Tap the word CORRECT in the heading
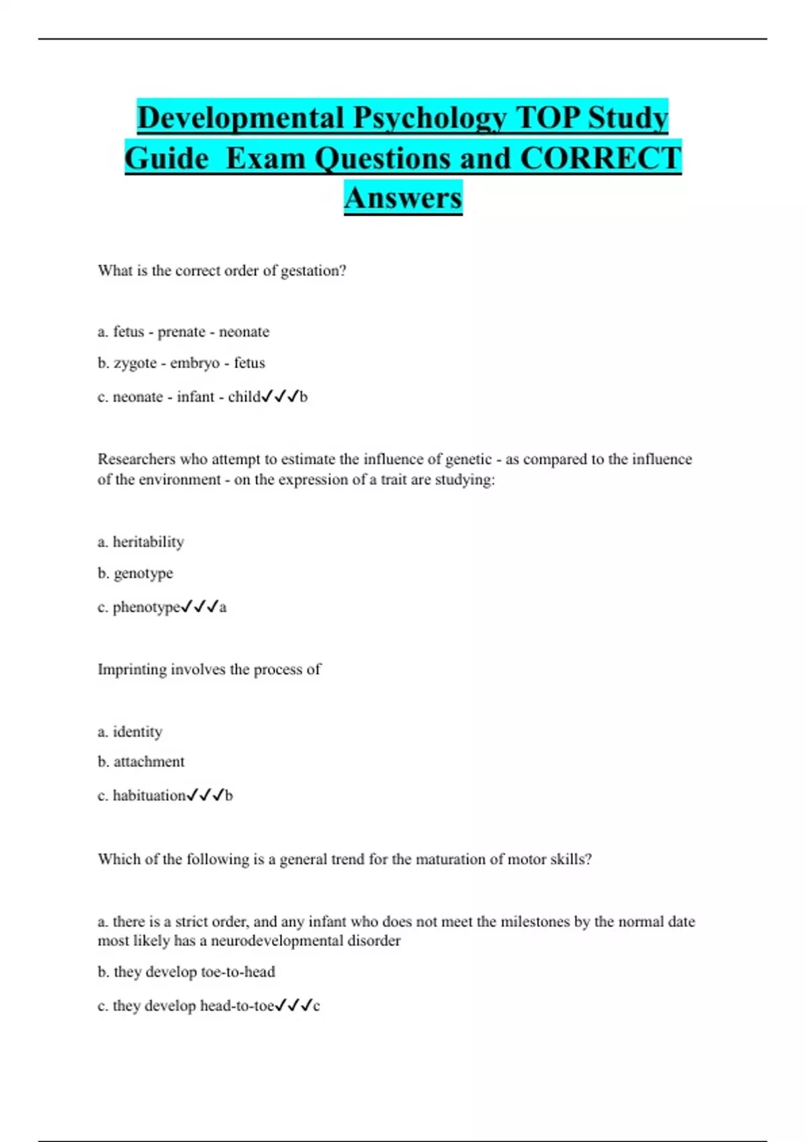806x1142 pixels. coord(600,159)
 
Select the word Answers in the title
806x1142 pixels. coord(403,197)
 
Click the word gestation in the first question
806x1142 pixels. coord(313,271)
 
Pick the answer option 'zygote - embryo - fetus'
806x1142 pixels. coord(189,363)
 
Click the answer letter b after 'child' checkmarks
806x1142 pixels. coord(304,397)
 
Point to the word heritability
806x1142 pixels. coord(148,541)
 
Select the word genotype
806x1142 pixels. coord(143,573)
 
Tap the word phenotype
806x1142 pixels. coord(146,607)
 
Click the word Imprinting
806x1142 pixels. coord(132,669)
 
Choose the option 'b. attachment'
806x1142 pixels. coord(141,762)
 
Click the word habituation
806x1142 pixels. coord(148,795)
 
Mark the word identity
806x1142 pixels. coord(137,732)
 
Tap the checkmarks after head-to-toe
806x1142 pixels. coord(294,1006)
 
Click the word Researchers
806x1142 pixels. coord(136,459)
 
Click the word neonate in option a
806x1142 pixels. coord(244,332)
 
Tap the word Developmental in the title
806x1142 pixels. coord(240,118)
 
